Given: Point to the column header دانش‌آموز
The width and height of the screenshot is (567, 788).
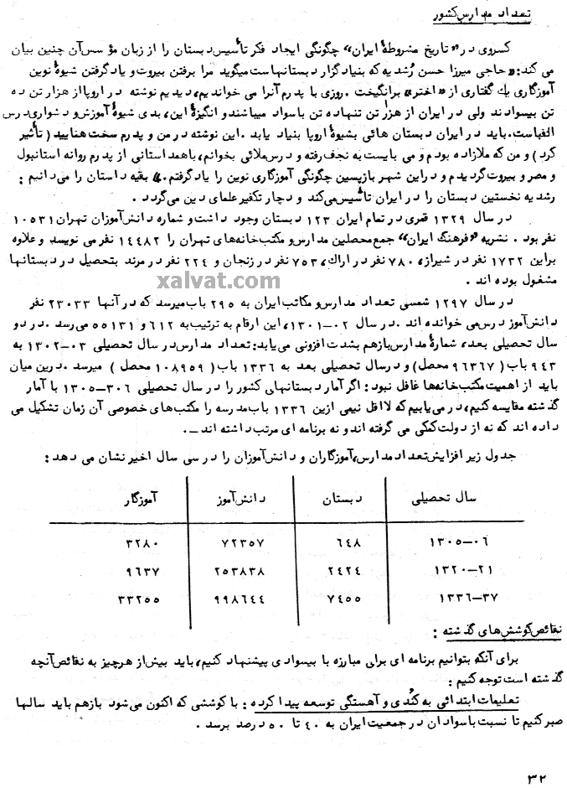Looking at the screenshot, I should [214, 498].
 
